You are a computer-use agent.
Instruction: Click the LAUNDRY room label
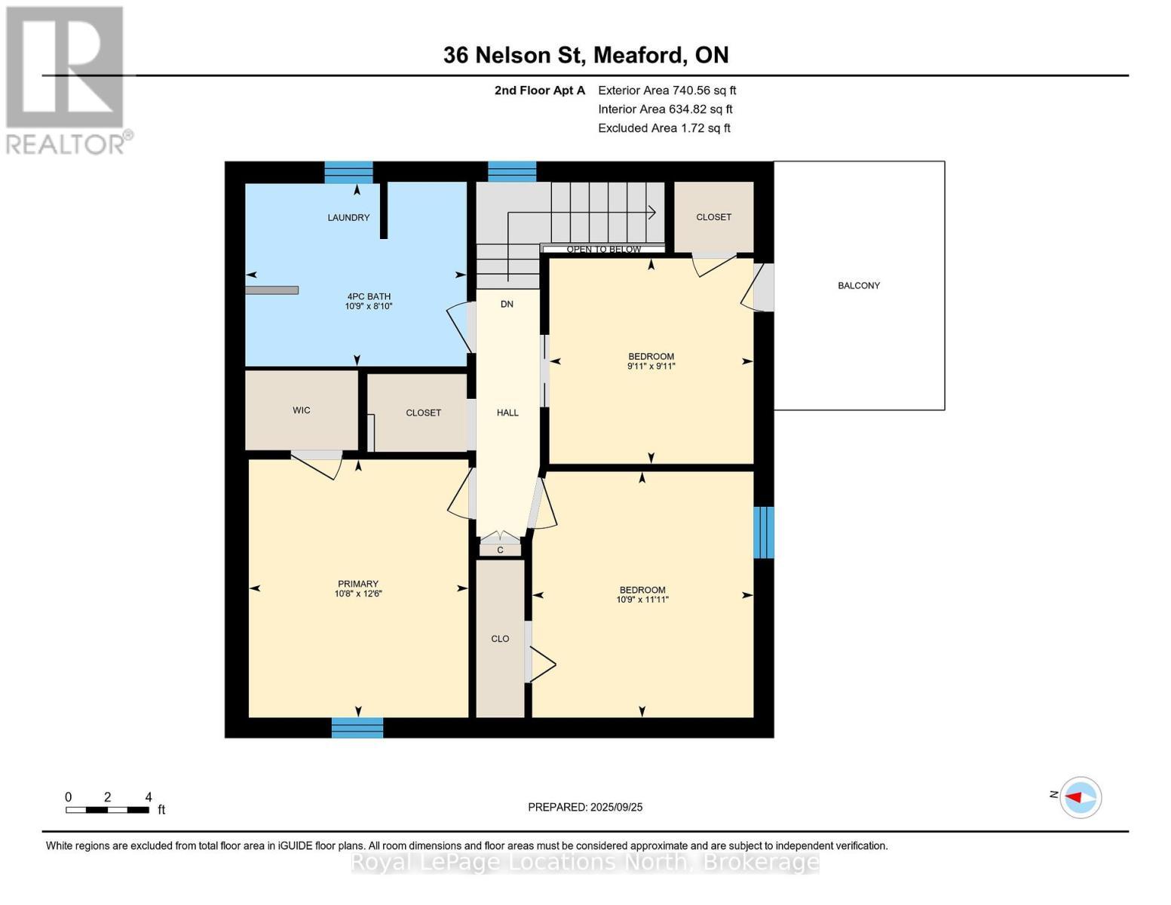click(348, 217)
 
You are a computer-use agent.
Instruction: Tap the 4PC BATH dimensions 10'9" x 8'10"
click(369, 306)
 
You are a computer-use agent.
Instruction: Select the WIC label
click(302, 410)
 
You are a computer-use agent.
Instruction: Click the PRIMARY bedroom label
click(358, 584)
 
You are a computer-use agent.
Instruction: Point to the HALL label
click(507, 413)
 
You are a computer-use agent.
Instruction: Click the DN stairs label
click(507, 304)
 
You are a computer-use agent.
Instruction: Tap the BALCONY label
click(859, 286)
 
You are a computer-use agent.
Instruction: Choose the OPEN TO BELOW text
click(603, 250)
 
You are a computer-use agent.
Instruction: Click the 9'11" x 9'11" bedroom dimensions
click(651, 366)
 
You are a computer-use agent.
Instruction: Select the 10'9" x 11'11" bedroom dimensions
click(642, 600)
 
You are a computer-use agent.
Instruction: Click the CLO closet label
click(500, 639)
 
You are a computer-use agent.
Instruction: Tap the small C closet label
click(500, 550)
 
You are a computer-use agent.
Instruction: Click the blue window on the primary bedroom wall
click(357, 728)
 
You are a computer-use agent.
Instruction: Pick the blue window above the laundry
click(348, 172)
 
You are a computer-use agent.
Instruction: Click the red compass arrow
click(1074, 797)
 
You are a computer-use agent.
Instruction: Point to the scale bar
click(107, 809)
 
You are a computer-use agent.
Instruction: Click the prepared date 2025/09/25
click(617, 807)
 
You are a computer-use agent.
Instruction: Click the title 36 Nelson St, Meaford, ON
click(586, 55)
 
